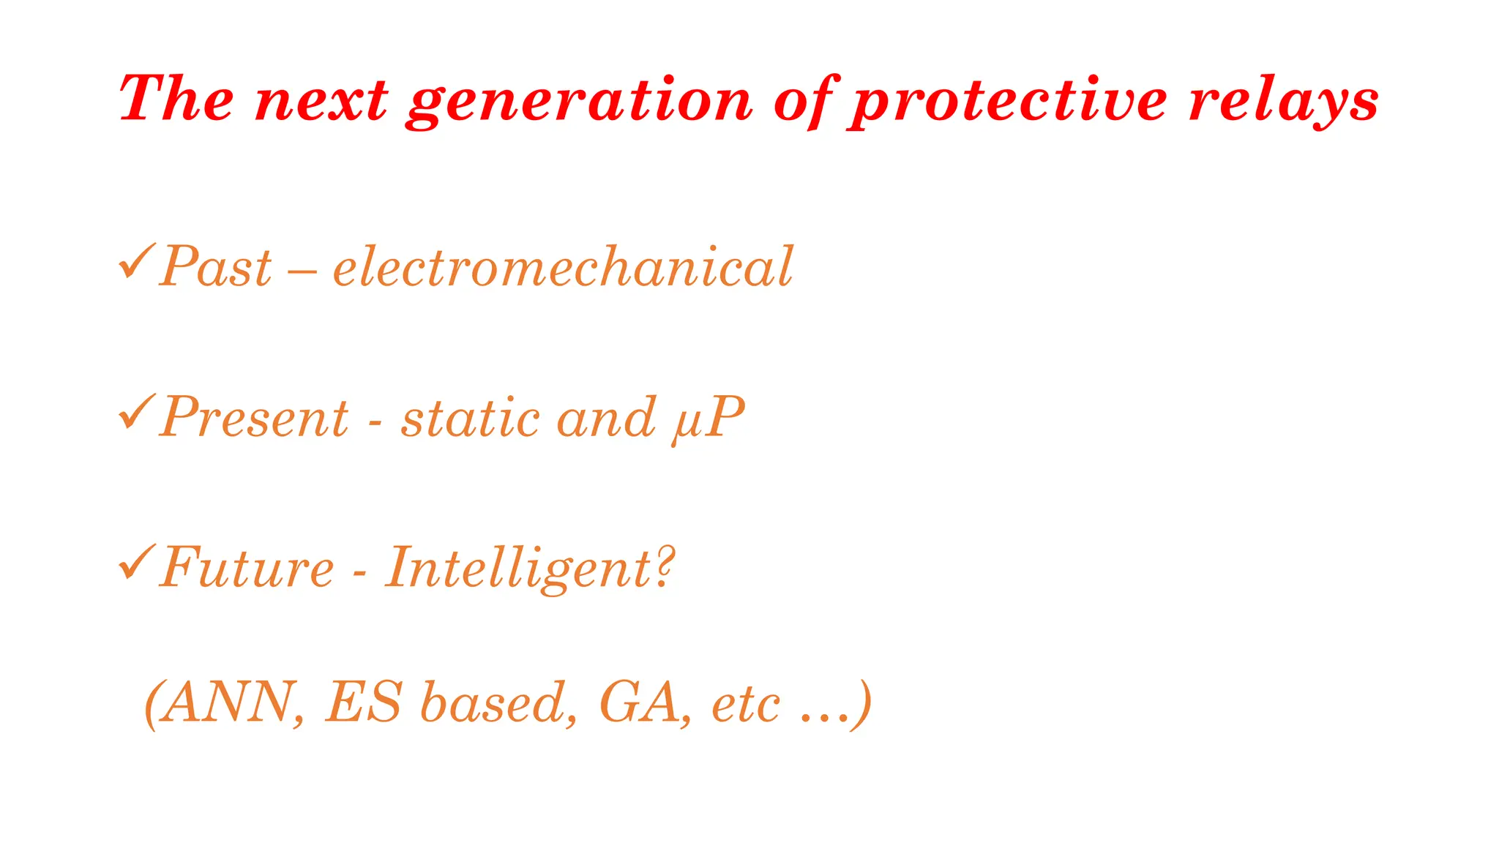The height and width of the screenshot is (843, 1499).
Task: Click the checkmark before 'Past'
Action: [136, 261]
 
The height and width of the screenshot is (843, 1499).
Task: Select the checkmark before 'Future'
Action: [136, 562]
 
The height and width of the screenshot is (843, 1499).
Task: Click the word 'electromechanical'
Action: [563, 266]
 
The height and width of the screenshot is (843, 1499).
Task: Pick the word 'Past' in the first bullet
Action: [216, 266]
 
